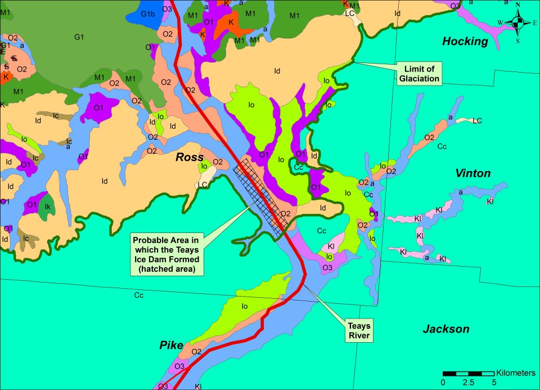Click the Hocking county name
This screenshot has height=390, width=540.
[x=465, y=41]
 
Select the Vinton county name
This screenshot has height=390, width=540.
[x=473, y=173]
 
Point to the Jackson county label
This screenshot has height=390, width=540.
[x=445, y=329]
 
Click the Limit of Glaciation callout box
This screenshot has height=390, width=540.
[x=418, y=73]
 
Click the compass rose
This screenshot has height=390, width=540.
[x=518, y=22]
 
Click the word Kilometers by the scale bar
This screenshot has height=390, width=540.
[x=515, y=373]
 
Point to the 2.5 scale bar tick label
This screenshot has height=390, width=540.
[x=469, y=383]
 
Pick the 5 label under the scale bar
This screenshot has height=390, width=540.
[x=494, y=383]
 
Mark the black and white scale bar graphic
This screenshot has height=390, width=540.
[x=468, y=374]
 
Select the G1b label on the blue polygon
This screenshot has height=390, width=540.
[x=148, y=14]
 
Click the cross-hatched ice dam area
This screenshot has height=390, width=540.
[x=262, y=194]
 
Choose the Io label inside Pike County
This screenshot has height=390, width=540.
[x=245, y=307]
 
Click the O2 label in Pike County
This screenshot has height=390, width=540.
[x=196, y=352]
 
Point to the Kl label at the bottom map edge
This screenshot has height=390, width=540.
[x=198, y=387]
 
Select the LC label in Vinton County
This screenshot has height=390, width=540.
[x=477, y=120]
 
